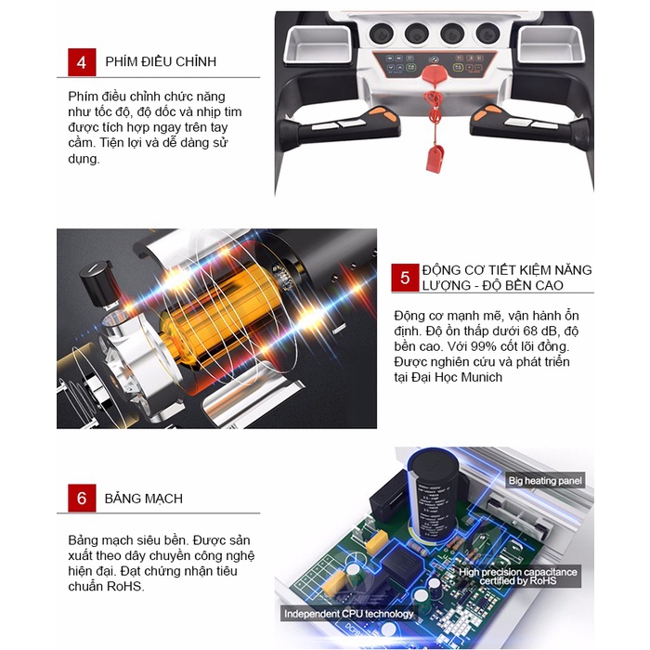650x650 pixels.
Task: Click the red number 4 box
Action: tap(82, 62)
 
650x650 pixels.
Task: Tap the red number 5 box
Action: tap(405, 278)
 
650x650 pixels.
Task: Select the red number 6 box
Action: tap(82, 498)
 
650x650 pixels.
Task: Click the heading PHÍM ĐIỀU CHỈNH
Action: tap(161, 62)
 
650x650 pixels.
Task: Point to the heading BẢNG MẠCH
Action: tap(143, 499)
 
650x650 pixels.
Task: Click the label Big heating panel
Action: tap(545, 480)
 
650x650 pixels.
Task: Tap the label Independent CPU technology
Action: tap(348, 614)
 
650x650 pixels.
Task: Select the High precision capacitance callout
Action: tap(518, 577)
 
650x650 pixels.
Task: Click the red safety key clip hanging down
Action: tap(435, 159)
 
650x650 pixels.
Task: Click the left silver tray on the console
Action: tap(318, 45)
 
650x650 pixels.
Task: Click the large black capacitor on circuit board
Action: tap(434, 495)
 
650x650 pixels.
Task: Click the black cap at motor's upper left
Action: tap(97, 282)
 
